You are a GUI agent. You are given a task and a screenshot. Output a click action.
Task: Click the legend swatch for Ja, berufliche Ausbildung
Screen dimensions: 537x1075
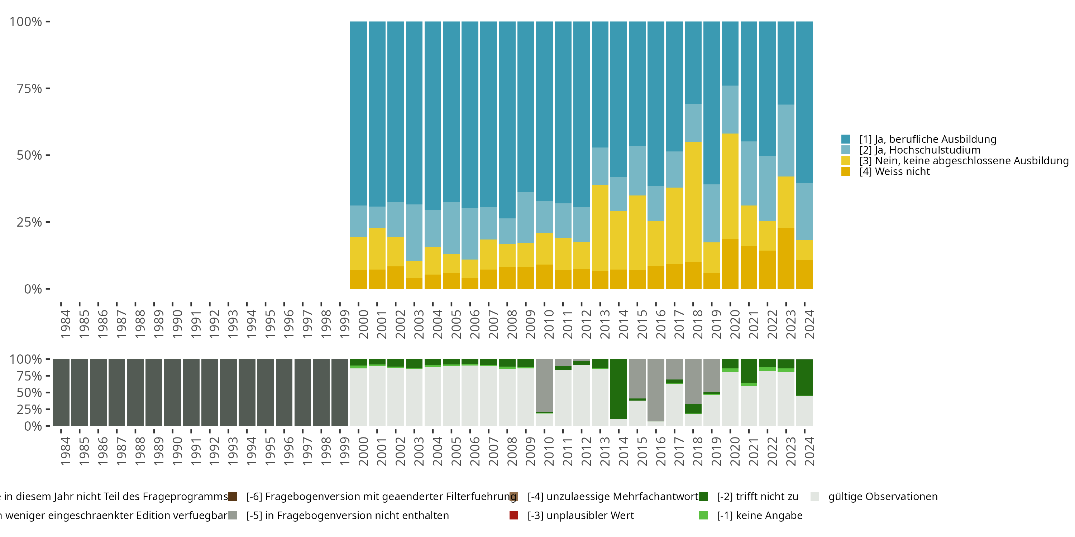[x=845, y=139]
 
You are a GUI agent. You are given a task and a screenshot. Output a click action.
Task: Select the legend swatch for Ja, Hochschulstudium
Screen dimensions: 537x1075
[x=845, y=150]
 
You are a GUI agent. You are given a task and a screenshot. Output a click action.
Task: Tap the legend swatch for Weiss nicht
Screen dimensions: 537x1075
[x=845, y=171]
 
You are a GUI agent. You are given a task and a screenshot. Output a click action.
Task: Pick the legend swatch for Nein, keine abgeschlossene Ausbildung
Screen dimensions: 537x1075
[x=845, y=160]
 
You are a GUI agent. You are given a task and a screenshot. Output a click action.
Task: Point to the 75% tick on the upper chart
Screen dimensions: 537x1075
[x=48, y=88]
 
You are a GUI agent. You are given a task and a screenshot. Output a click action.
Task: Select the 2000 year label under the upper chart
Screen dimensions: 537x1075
[x=363, y=324]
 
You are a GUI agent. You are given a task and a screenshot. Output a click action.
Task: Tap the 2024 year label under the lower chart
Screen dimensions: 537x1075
[x=809, y=451]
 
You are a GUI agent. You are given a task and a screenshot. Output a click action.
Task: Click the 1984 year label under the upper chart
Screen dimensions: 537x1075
[x=66, y=324]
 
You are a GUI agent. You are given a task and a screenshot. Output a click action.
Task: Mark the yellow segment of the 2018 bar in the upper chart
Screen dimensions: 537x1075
[x=693, y=202]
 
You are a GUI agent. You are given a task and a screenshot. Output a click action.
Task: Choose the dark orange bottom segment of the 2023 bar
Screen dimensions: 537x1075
[x=786, y=258]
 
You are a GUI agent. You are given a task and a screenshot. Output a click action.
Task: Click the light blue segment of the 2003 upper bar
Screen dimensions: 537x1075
[x=414, y=233]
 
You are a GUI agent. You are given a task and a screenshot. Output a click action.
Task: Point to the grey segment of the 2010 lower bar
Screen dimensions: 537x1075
[x=544, y=385]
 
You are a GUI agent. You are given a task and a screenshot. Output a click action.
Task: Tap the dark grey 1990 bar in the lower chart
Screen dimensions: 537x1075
[x=172, y=392]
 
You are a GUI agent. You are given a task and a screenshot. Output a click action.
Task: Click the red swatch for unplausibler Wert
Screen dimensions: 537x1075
[x=514, y=515]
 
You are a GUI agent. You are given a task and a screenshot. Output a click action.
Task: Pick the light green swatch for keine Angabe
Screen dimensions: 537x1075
[x=703, y=515]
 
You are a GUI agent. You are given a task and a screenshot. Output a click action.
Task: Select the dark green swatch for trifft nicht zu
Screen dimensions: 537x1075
[x=703, y=497]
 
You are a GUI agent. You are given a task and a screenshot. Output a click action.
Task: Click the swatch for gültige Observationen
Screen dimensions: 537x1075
[x=814, y=497]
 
